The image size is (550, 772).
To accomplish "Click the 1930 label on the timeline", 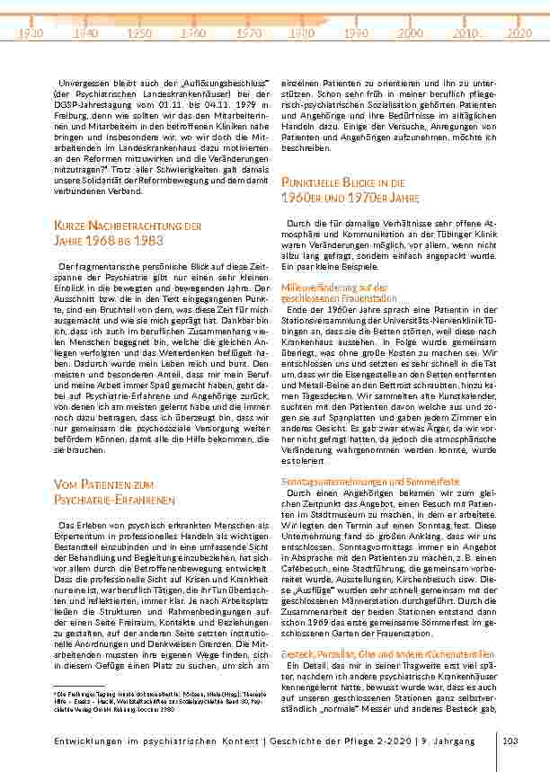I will coord(31,32).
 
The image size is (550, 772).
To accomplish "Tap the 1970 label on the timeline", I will coord(248,32).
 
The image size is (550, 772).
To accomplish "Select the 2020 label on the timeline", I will coord(519,32).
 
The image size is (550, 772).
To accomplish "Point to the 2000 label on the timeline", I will coord(411,32).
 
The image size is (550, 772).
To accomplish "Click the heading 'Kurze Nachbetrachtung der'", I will coord(128,226).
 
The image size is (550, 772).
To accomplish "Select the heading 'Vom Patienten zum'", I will coord(104,485).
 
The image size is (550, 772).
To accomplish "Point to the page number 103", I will coord(512,741).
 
